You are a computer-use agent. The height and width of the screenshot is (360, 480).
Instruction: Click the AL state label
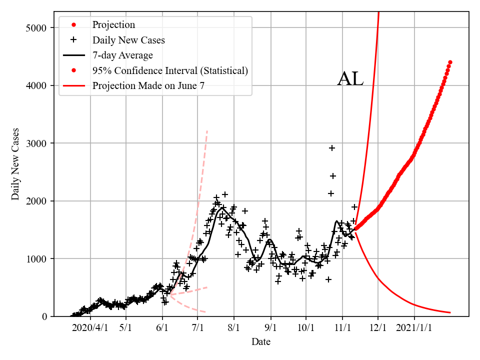pos(350,79)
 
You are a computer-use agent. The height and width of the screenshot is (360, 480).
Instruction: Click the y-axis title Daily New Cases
pos(15,164)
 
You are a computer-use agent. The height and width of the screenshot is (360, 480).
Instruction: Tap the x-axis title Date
pos(261,342)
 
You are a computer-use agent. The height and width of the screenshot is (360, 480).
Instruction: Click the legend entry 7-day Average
pos(122,55)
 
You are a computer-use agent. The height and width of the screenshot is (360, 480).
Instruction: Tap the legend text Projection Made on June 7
pos(148,86)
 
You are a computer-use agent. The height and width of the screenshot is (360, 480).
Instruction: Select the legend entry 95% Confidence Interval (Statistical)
pos(170,70)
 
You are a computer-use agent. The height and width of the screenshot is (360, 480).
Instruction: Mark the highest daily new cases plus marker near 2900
pos(332,148)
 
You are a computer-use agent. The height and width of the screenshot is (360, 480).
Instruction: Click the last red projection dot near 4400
pos(450,62)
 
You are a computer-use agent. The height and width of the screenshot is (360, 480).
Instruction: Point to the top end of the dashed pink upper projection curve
pos(207,130)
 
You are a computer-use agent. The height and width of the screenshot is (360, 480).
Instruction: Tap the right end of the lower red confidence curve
pos(450,312)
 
